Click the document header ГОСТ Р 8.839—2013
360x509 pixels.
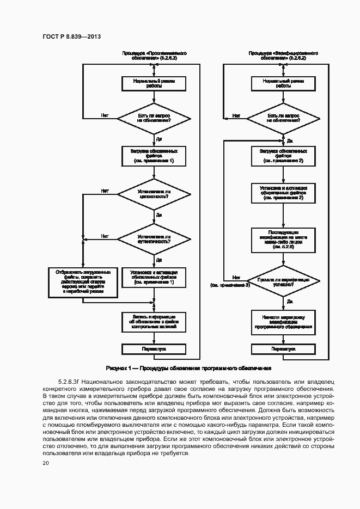pyautogui.click(x=72, y=36)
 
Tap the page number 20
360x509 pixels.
pyautogui.click(x=46, y=463)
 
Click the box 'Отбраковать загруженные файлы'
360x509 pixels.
pyautogui.click(x=83, y=281)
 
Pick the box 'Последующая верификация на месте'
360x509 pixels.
pyautogui.click(x=283, y=240)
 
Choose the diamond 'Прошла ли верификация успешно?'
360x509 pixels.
pyautogui.click(x=283, y=281)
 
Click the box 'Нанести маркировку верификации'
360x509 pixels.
pyautogui.click(x=283, y=321)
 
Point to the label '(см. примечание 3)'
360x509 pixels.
pyautogui.click(x=230, y=285)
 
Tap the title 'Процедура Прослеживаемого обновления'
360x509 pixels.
pyautogui.click(x=155, y=56)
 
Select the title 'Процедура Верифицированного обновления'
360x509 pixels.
pyautogui.click(x=283, y=56)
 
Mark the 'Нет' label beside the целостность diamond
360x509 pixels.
pyautogui.click(x=105, y=191)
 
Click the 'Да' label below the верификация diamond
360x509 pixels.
pyautogui.click(x=290, y=301)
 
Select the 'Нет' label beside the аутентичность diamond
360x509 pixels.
pyautogui.click(x=105, y=236)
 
